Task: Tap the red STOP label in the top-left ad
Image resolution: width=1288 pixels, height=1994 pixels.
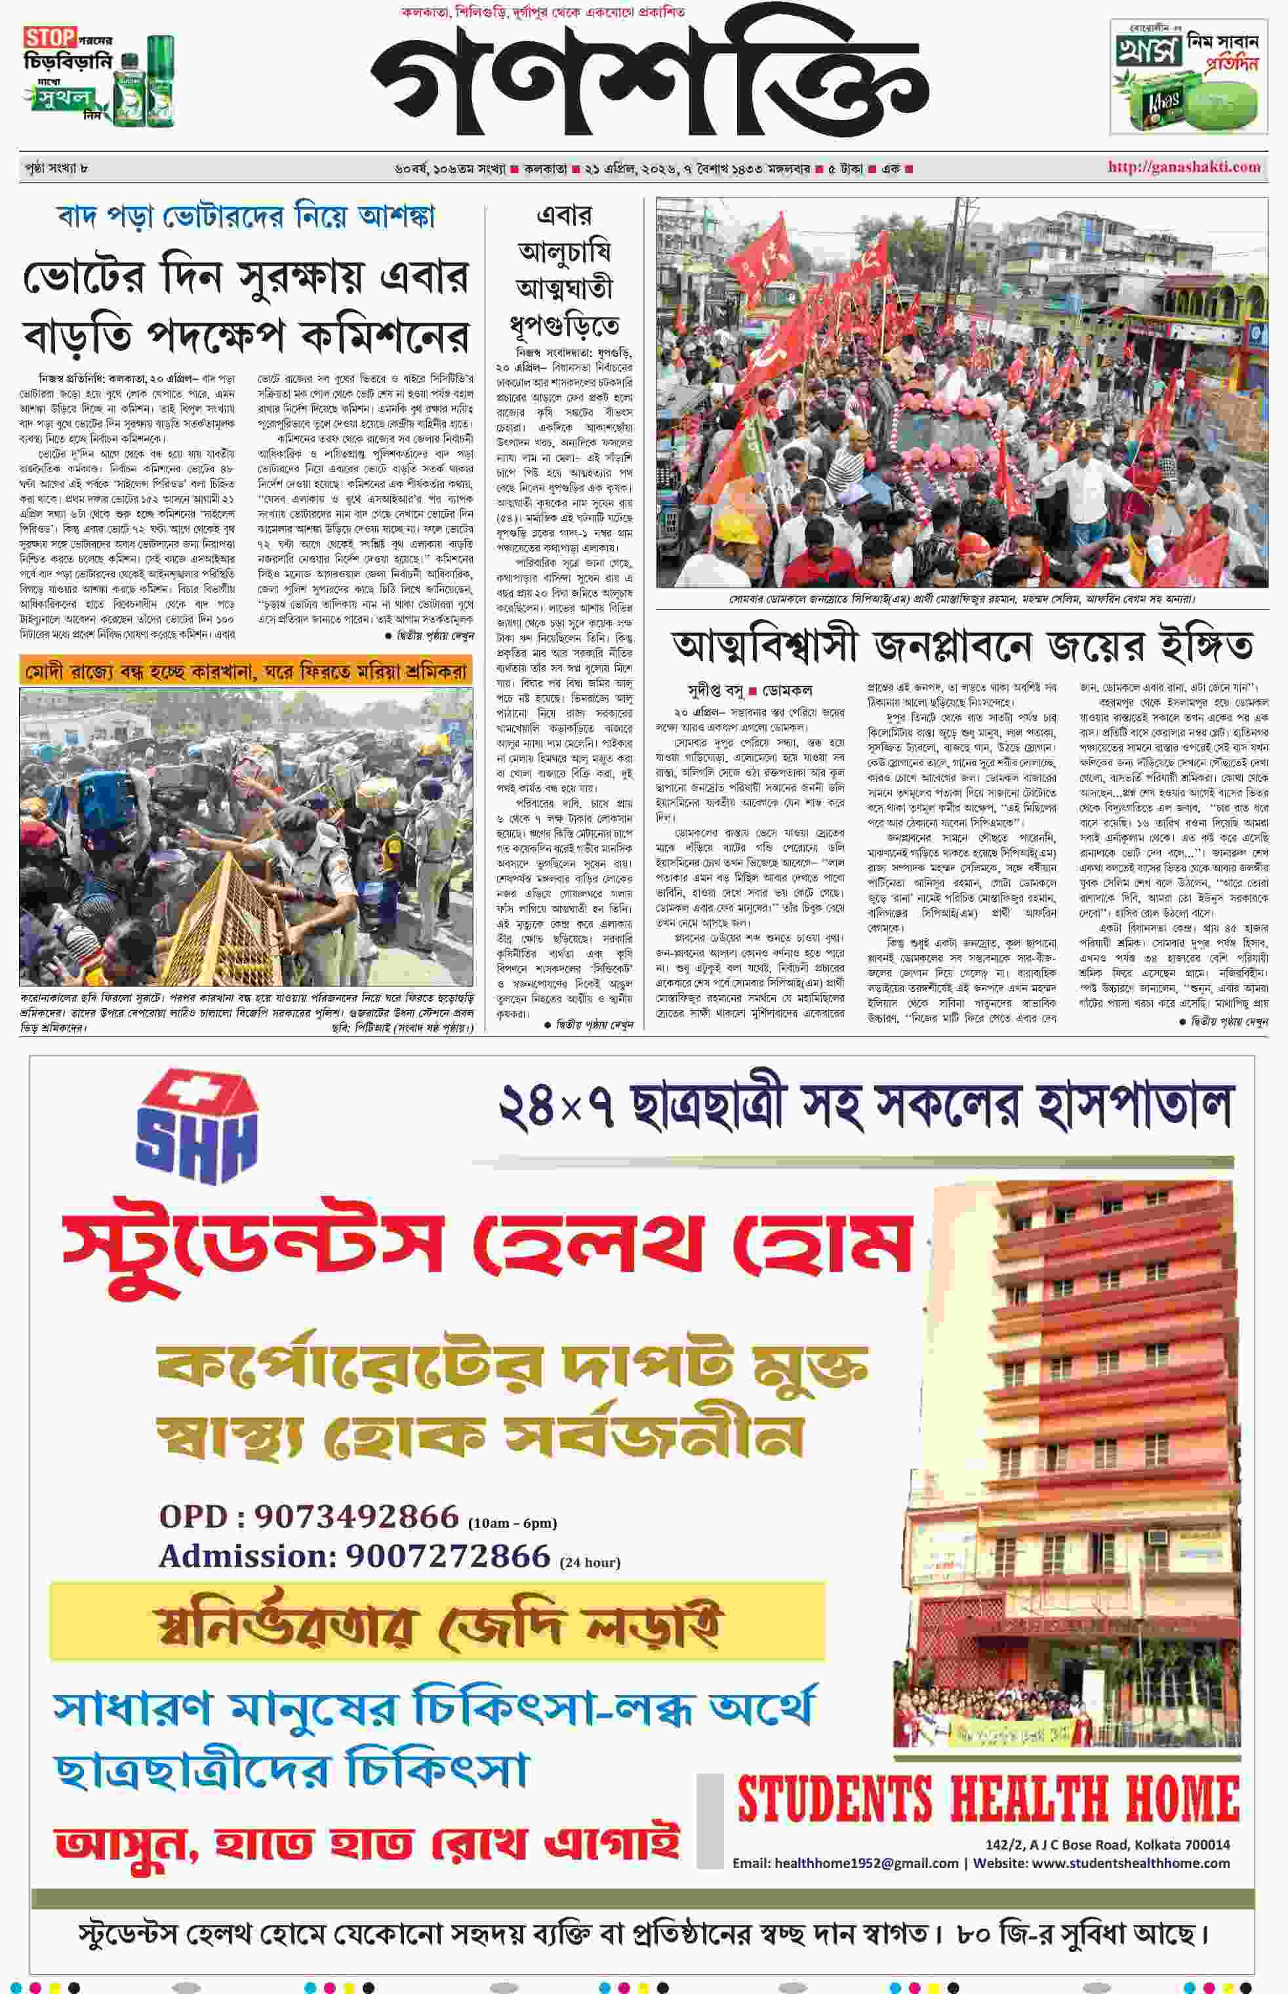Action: click(49, 37)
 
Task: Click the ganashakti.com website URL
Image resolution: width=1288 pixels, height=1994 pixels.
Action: click(1184, 167)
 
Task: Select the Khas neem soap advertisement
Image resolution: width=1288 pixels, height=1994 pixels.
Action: click(1188, 77)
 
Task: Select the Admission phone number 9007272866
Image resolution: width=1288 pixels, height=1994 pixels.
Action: click(447, 1556)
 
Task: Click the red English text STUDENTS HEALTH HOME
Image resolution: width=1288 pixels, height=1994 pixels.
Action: click(987, 1799)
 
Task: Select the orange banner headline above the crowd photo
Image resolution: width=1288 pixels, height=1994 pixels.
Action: click(246, 671)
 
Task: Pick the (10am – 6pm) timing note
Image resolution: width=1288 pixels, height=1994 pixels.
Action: click(512, 1523)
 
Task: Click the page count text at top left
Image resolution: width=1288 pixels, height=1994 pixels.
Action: click(56, 168)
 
